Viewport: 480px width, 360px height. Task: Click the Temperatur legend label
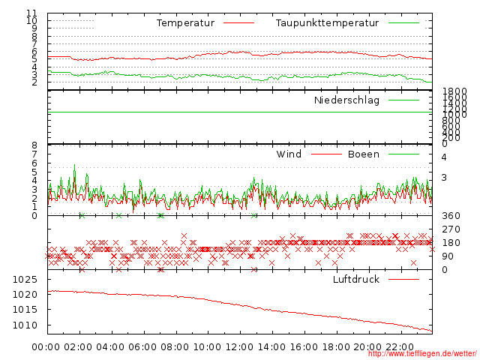pyautogui.click(x=185, y=23)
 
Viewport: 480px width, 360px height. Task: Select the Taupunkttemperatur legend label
pyautogui.click(x=326, y=23)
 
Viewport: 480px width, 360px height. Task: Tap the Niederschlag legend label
pyautogui.click(x=346, y=100)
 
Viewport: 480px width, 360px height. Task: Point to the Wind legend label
pyautogui.click(x=289, y=154)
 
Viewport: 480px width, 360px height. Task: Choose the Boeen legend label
pyautogui.click(x=363, y=154)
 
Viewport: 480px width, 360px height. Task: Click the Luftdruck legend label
pyautogui.click(x=355, y=280)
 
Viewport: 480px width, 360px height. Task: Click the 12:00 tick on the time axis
pyautogui.click(x=240, y=347)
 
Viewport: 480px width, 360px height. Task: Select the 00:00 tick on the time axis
pyautogui.click(x=46, y=347)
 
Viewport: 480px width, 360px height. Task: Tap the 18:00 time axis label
pyautogui.click(x=337, y=347)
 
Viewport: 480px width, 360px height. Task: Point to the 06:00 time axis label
pyautogui.click(x=143, y=347)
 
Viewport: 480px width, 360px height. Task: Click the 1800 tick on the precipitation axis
pyautogui.click(x=454, y=91)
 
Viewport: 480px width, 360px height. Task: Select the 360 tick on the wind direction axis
pyautogui.click(x=450, y=216)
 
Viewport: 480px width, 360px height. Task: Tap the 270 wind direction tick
pyautogui.click(x=450, y=229)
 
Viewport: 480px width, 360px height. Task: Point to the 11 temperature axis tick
pyautogui.click(x=31, y=13)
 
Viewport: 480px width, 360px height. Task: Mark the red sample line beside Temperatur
pyautogui.click(x=238, y=23)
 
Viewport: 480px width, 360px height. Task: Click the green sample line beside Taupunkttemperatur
pyautogui.click(x=403, y=23)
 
